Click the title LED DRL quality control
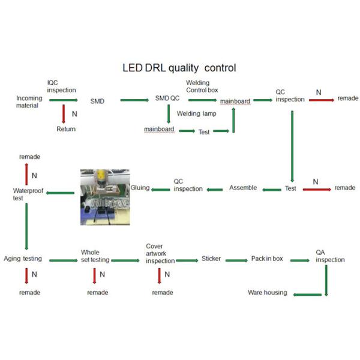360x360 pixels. tap(179, 68)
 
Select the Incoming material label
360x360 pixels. tap(29, 102)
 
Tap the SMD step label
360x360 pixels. tap(97, 101)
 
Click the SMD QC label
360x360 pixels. tap(167, 98)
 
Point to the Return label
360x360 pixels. tap(66, 129)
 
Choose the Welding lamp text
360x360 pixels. tap(197, 113)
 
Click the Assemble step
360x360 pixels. tap(243, 188)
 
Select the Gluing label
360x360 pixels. tap(140, 188)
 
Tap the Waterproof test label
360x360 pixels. tap(28, 194)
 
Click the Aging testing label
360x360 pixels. tap(23, 259)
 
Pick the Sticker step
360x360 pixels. tap(211, 259)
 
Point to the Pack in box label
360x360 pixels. tap(267, 259)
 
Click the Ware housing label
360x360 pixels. tap(268, 293)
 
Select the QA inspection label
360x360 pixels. tap(330, 256)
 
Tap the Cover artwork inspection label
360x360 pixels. tap(160, 253)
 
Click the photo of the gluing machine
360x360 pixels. tap(105, 197)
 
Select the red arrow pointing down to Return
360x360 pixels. tap(64, 114)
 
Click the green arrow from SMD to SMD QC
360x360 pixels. tap(134, 100)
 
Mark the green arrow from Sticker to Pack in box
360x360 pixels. tap(236, 260)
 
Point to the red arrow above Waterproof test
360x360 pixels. tap(26, 174)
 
